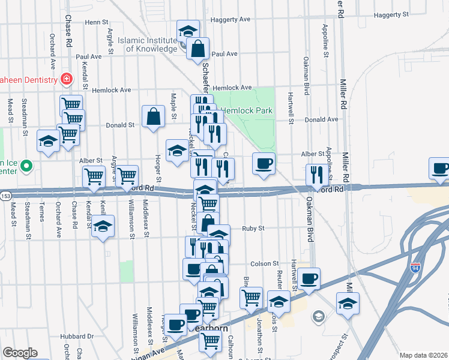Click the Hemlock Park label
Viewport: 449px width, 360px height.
pos(246,110)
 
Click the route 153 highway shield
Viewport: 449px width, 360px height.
pos(5,196)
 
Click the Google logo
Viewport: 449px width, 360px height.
pos(19,353)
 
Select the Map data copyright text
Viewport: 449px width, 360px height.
pos(423,355)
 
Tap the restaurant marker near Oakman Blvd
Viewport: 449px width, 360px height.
pos(316,175)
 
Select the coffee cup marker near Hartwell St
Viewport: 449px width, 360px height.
pos(309,279)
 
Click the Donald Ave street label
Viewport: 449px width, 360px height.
pos(321,119)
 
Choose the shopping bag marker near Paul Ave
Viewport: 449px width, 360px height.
pos(197,49)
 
